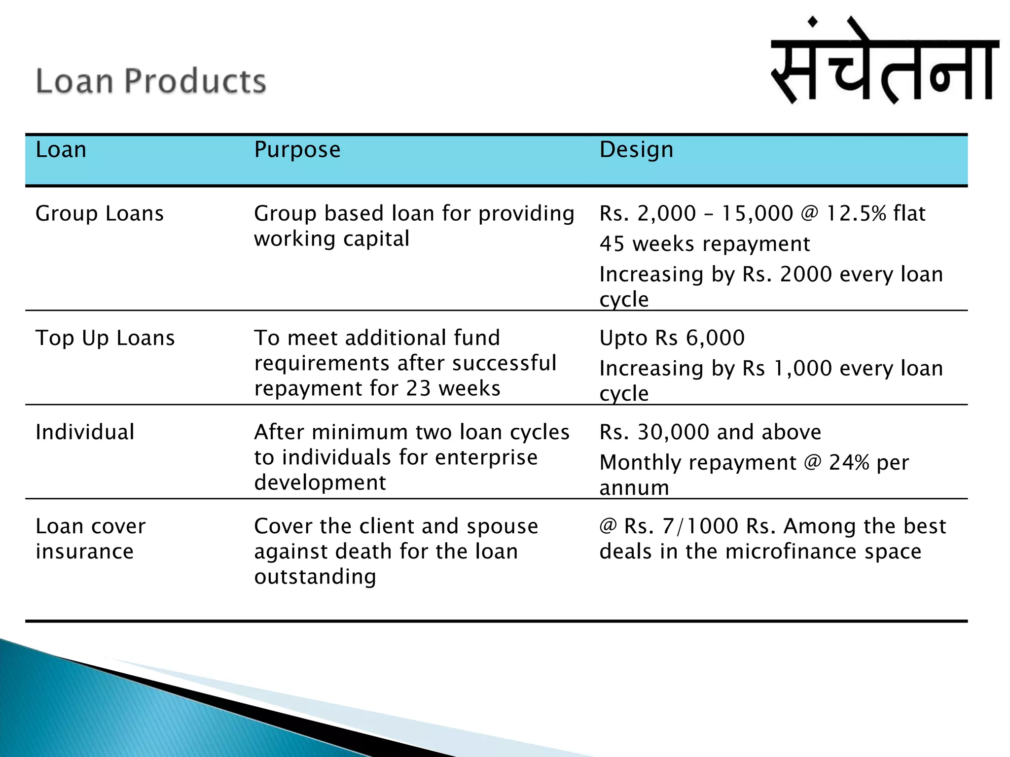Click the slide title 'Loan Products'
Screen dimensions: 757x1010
151,81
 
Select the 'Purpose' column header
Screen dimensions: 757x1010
297,149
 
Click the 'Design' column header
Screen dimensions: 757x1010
636,149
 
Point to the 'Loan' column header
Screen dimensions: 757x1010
61,149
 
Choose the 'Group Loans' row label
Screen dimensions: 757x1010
100,213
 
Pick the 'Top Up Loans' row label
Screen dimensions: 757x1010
105,338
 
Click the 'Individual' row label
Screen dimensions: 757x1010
85,432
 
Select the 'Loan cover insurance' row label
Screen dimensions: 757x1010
90,539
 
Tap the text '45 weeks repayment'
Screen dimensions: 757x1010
705,244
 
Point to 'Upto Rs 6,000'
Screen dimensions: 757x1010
672,338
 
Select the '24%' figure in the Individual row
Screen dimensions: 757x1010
849,463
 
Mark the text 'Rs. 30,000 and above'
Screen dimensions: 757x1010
710,432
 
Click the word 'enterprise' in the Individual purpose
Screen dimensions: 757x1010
486,457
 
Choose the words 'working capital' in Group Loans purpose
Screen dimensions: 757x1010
331,239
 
